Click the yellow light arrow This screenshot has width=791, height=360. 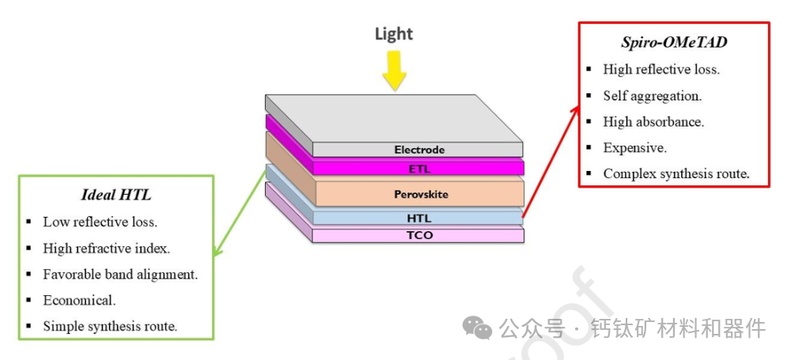pos(394,70)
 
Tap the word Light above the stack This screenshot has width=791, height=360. pos(394,34)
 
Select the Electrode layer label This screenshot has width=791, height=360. pos(419,150)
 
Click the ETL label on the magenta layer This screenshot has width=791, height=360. pos(419,168)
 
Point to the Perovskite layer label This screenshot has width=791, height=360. pos(419,194)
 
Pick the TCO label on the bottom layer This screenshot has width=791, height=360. pos(419,236)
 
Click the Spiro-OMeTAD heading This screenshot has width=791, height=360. pos(674,43)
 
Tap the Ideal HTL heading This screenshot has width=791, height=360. pos(117,195)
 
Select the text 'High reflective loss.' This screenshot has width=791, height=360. pos(661,70)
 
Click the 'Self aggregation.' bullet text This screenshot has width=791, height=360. pos(653,96)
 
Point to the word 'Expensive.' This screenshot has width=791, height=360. pos(635,148)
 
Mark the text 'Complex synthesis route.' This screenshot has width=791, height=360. pos(676,174)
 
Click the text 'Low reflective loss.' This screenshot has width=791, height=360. pos(100,222)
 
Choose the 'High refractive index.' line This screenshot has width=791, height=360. pos(106,248)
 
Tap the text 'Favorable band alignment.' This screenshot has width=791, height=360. pos(120,275)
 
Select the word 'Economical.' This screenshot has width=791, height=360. pos(79,301)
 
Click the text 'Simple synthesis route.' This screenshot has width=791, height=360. pos(110,326)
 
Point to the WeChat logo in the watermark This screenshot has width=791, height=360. pos(478,327)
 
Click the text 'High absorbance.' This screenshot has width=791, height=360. pos(653,122)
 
